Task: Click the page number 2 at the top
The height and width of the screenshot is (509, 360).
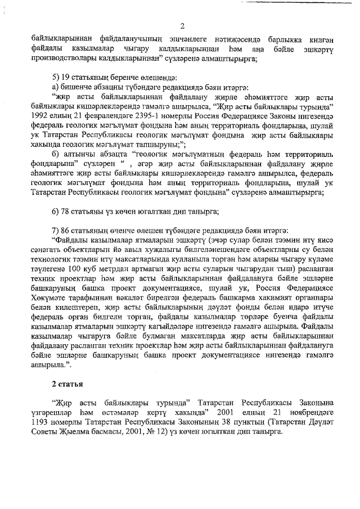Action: point(182,25)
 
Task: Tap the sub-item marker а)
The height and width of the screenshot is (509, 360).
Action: point(55,86)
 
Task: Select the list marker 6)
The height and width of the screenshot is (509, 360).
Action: point(55,211)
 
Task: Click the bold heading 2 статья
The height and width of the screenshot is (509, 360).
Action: point(66,385)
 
